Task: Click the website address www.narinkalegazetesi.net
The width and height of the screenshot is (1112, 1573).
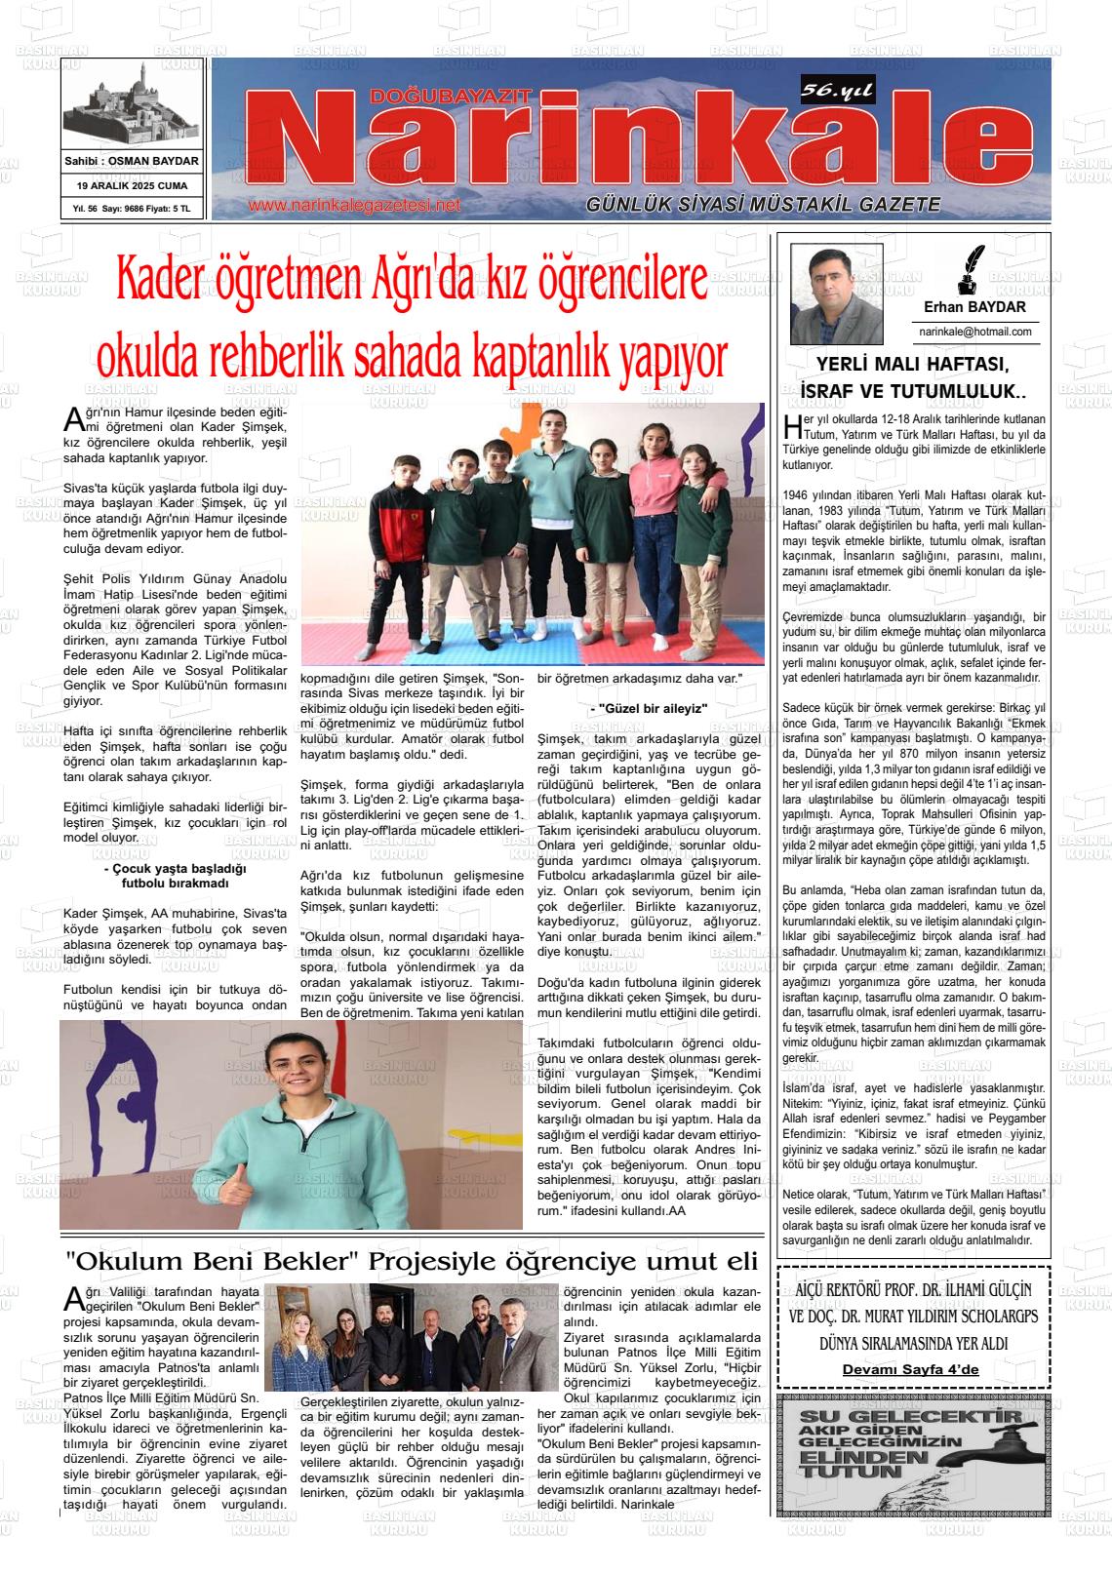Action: pos(353,206)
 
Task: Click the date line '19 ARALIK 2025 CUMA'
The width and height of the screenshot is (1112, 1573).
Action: pos(132,185)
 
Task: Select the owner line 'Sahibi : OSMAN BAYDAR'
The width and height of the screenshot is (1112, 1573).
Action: pos(132,161)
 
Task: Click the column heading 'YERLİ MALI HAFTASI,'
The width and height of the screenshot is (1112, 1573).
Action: pos(912,365)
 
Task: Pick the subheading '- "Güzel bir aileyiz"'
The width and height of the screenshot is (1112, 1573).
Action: pos(649,708)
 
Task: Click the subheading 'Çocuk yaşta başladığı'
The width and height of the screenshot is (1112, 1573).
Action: pos(175,868)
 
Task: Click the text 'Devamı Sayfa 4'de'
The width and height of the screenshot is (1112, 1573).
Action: pos(910,1369)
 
